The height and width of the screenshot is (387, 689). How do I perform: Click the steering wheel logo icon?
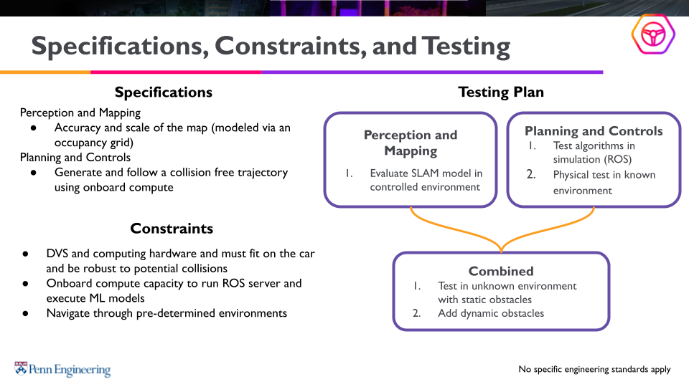(653, 34)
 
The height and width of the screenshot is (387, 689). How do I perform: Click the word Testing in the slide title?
(466, 47)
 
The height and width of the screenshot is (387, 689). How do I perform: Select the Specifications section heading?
(164, 92)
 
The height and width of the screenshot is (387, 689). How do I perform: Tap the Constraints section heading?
(172, 229)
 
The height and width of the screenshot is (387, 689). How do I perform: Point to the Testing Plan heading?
(501, 92)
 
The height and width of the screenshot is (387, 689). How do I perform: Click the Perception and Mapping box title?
(411, 143)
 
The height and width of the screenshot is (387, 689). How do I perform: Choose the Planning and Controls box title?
(594, 131)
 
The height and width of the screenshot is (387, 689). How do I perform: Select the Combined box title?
(501, 271)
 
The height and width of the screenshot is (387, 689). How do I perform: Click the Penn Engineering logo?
(63, 370)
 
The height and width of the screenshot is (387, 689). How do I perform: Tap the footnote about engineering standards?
(594, 370)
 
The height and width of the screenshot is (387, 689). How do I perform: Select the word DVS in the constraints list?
(59, 254)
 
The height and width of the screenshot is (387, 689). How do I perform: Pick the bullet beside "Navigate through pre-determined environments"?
(25, 313)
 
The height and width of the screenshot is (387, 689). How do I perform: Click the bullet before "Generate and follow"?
(34, 173)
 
